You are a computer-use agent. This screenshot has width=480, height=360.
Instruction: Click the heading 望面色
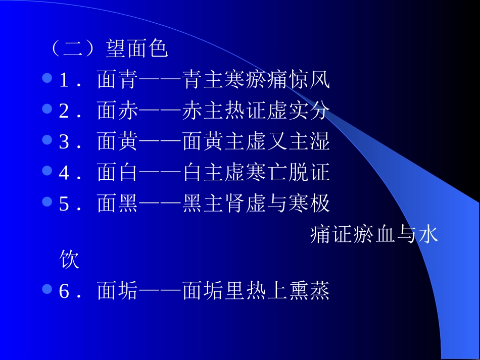[136, 49]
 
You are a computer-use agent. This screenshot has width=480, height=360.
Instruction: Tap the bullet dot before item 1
[47, 78]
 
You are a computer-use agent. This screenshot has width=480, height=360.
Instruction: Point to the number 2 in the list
[64, 112]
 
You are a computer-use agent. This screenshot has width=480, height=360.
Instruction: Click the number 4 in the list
[64, 173]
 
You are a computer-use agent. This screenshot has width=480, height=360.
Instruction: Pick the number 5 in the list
[64, 204]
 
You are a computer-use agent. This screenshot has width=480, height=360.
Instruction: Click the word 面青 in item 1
[117, 80]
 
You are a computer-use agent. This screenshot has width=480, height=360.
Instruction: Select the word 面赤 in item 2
[117, 112]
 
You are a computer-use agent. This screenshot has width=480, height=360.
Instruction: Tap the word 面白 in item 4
[117, 173]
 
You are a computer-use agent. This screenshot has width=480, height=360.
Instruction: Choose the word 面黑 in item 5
[117, 204]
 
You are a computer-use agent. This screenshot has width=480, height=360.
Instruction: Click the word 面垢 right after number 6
[117, 291]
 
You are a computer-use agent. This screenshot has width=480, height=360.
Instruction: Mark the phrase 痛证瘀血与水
[374, 235]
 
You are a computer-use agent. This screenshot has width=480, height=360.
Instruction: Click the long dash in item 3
[160, 142]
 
